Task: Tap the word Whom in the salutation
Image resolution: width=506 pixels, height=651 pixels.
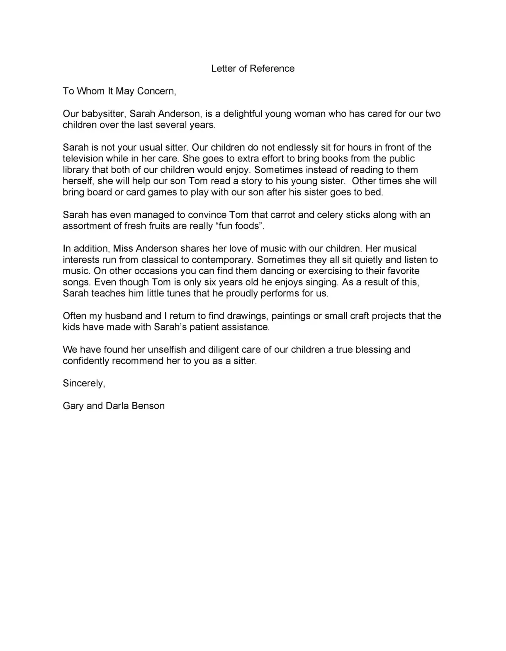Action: pos(91,91)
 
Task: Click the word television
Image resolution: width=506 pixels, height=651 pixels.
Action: pos(83,159)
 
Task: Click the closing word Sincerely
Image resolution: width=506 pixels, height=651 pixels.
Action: pos(84,383)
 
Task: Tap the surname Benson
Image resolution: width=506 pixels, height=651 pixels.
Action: pos(148,406)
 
